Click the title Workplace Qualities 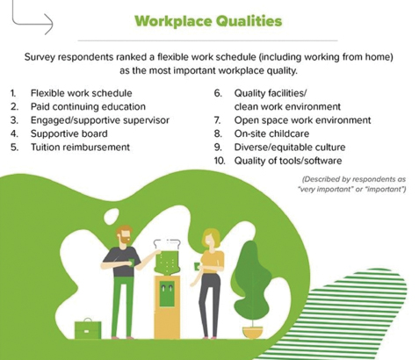coord(208,21)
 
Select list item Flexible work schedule coord(82,93)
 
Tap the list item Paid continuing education coord(88,106)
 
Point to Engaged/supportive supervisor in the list coord(100,120)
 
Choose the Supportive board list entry coord(69,133)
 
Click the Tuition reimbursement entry coord(80,147)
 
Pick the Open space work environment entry coord(302,120)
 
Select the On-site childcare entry coord(271,133)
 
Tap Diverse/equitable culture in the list coord(290,147)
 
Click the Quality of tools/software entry coord(288,161)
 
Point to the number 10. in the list coord(220,161)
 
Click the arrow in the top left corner coord(33,20)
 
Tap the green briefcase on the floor coord(88,329)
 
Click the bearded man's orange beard coord(126,241)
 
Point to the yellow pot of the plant coord(253,333)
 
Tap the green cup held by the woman coord(197,267)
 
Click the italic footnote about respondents coord(351,184)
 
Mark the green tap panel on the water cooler coord(167,293)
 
